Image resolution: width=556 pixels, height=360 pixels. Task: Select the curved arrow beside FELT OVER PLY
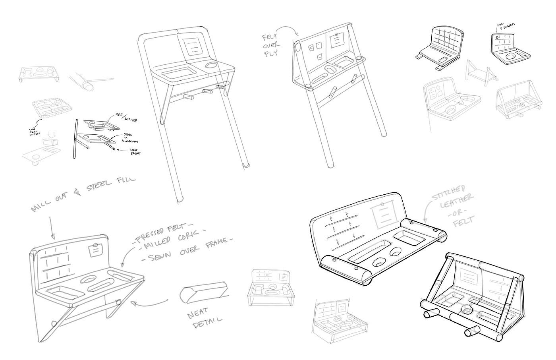(286, 29)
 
